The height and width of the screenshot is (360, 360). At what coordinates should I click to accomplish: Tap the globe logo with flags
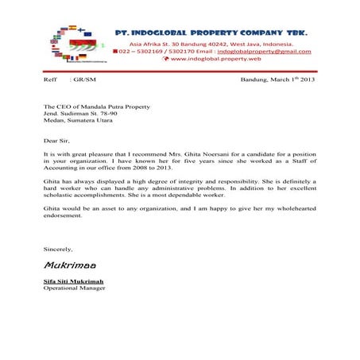[x=71, y=44]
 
